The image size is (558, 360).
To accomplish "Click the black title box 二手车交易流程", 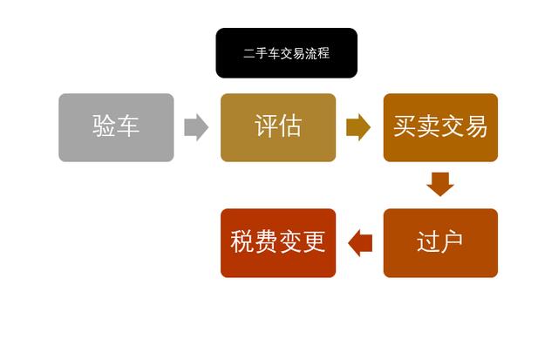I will pyautogui.click(x=286, y=53).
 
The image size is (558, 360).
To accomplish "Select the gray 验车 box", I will pyautogui.click(x=116, y=127).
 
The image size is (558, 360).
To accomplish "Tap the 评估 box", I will pyautogui.click(x=277, y=127).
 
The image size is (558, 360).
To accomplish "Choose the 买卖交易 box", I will pyautogui.click(x=440, y=127).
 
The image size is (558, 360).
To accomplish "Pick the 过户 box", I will pyautogui.click(x=440, y=242).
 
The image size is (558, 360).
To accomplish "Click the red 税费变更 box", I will pyautogui.click(x=277, y=242).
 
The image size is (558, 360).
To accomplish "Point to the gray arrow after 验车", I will pyautogui.click(x=196, y=127).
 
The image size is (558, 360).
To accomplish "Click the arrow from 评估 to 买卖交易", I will pyautogui.click(x=358, y=127).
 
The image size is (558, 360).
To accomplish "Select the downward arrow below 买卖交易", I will pyautogui.click(x=440, y=184).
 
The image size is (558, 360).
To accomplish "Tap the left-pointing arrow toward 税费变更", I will pyautogui.click(x=359, y=242).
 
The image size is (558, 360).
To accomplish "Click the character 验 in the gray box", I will pyautogui.click(x=104, y=127).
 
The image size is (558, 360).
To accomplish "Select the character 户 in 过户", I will pyautogui.click(x=453, y=242).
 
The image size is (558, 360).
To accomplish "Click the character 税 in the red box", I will pyautogui.click(x=242, y=242).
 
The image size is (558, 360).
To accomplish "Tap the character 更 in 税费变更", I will pyautogui.click(x=314, y=242).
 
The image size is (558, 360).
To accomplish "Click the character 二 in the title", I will pyautogui.click(x=248, y=54).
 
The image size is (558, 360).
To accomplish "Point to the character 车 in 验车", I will pyautogui.click(x=128, y=127).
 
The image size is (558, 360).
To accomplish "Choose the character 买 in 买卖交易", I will pyautogui.click(x=405, y=127).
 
